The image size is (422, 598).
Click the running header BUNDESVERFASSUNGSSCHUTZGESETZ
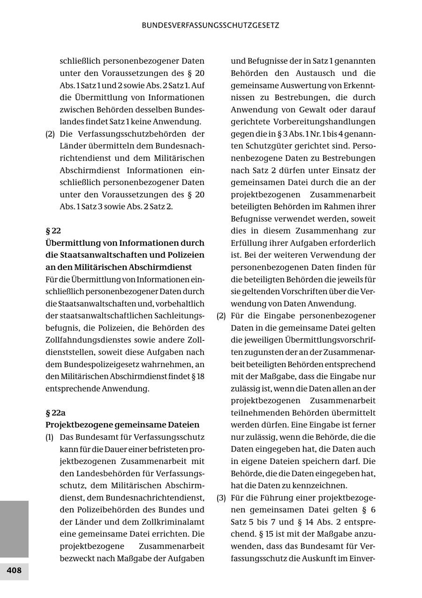click(x=211, y=26)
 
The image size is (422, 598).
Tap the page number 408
click(x=14, y=570)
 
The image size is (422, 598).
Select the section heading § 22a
click(x=55, y=413)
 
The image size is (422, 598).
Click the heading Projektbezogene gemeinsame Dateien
click(x=122, y=425)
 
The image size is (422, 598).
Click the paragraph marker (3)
click(x=221, y=497)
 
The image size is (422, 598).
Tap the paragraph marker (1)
click(x=50, y=437)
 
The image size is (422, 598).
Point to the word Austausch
click(x=315, y=73)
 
